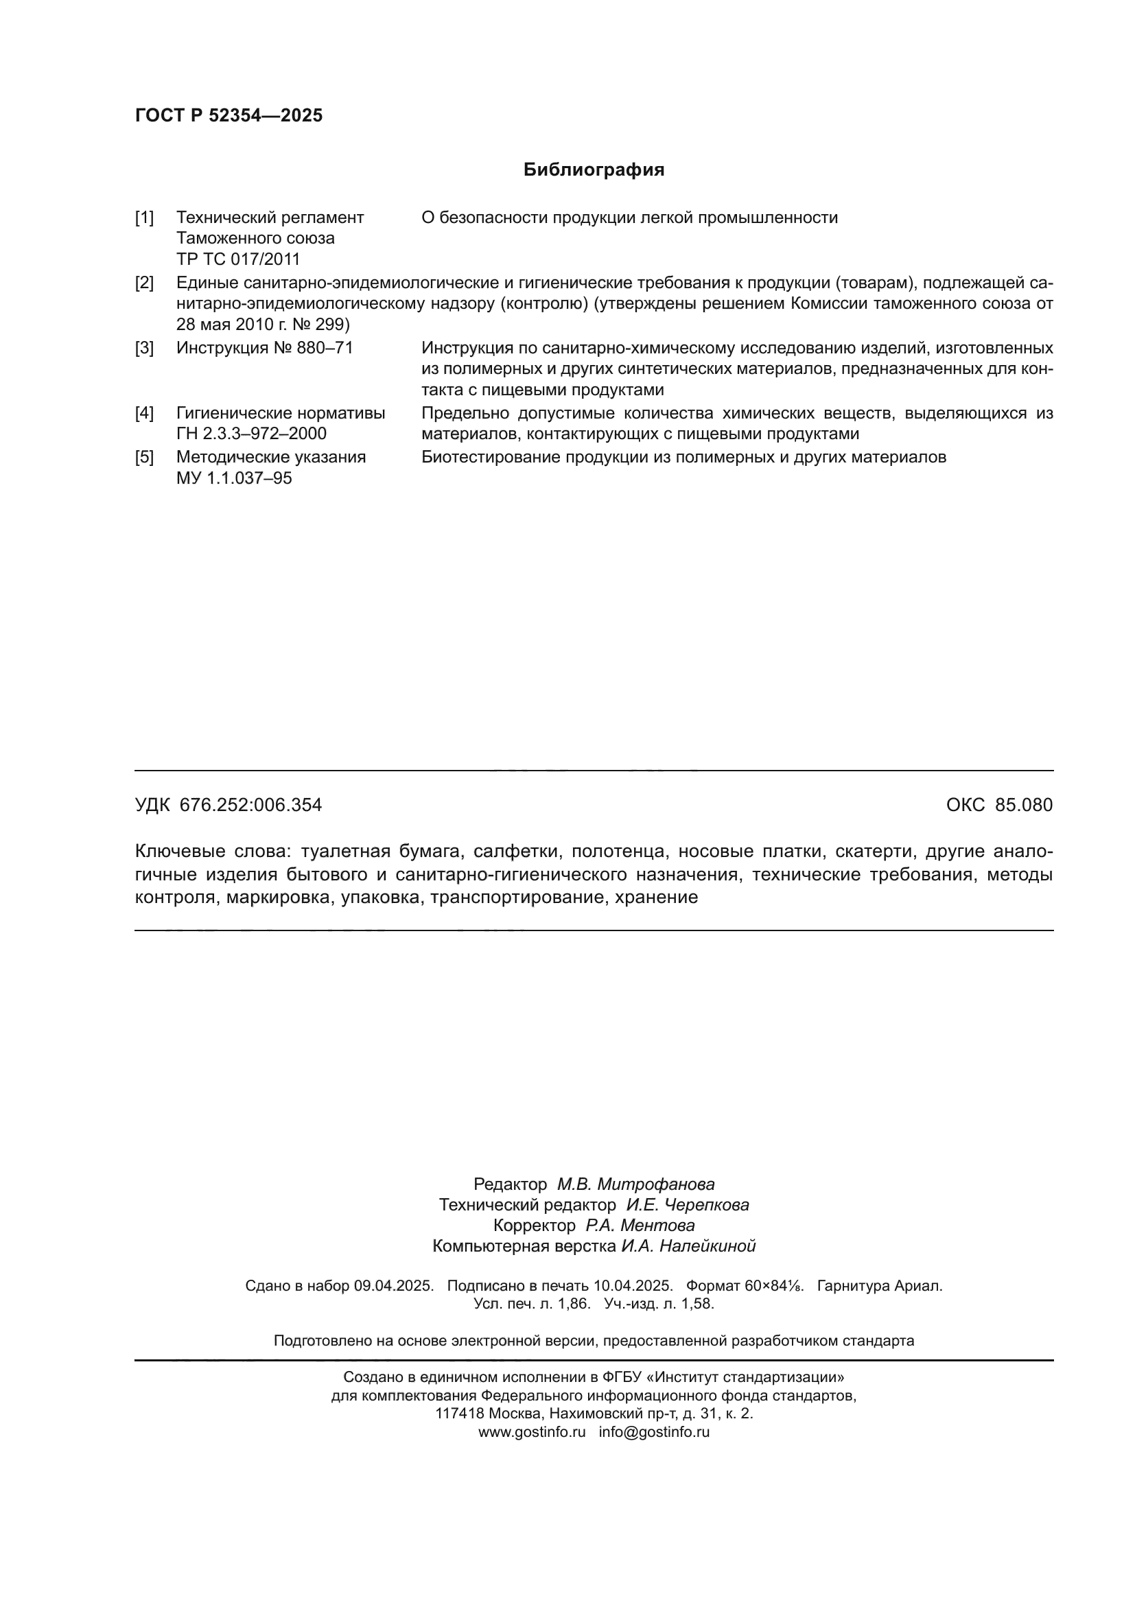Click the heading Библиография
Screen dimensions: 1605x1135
pos(594,170)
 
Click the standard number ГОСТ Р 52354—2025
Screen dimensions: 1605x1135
pos(229,115)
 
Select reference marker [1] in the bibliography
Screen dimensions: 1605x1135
pos(144,218)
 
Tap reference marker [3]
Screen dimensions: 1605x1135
pos(144,348)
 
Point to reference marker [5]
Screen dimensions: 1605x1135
pos(144,457)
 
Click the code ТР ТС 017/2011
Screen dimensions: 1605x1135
pos(237,259)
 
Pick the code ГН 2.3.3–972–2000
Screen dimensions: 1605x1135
pos(251,434)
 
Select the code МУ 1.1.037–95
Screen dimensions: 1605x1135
pos(234,478)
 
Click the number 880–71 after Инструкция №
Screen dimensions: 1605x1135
pos(325,348)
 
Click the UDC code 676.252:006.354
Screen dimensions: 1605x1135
pos(250,805)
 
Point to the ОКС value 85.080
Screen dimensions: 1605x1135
pos(1024,805)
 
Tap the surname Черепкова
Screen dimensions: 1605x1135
pos(706,1204)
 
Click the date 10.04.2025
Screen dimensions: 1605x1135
pos(633,1285)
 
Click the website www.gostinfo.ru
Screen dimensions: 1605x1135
pos(531,1431)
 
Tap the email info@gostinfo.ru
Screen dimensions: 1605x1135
pos(653,1431)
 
